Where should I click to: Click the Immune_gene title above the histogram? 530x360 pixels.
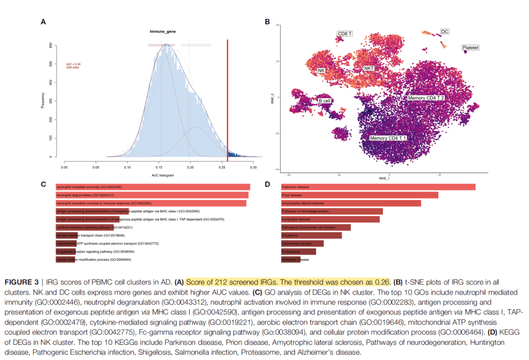(163, 31)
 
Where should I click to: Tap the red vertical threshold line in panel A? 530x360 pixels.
(227, 98)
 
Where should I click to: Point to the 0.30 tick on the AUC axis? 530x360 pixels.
(253, 167)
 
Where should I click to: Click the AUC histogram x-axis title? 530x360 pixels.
(163, 175)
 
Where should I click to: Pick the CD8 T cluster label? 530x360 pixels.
(345, 34)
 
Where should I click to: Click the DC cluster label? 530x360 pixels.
(444, 31)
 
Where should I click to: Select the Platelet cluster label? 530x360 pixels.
(470, 48)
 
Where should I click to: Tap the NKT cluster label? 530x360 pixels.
(369, 68)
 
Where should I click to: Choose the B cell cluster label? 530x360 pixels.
(325, 101)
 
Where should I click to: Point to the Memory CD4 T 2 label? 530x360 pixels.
(426, 98)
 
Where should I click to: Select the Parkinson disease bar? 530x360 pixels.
(378, 187)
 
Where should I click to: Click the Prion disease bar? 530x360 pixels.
(359, 195)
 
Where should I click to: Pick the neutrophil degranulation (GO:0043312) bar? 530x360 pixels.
(152, 195)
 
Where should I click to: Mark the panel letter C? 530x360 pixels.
(43, 184)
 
